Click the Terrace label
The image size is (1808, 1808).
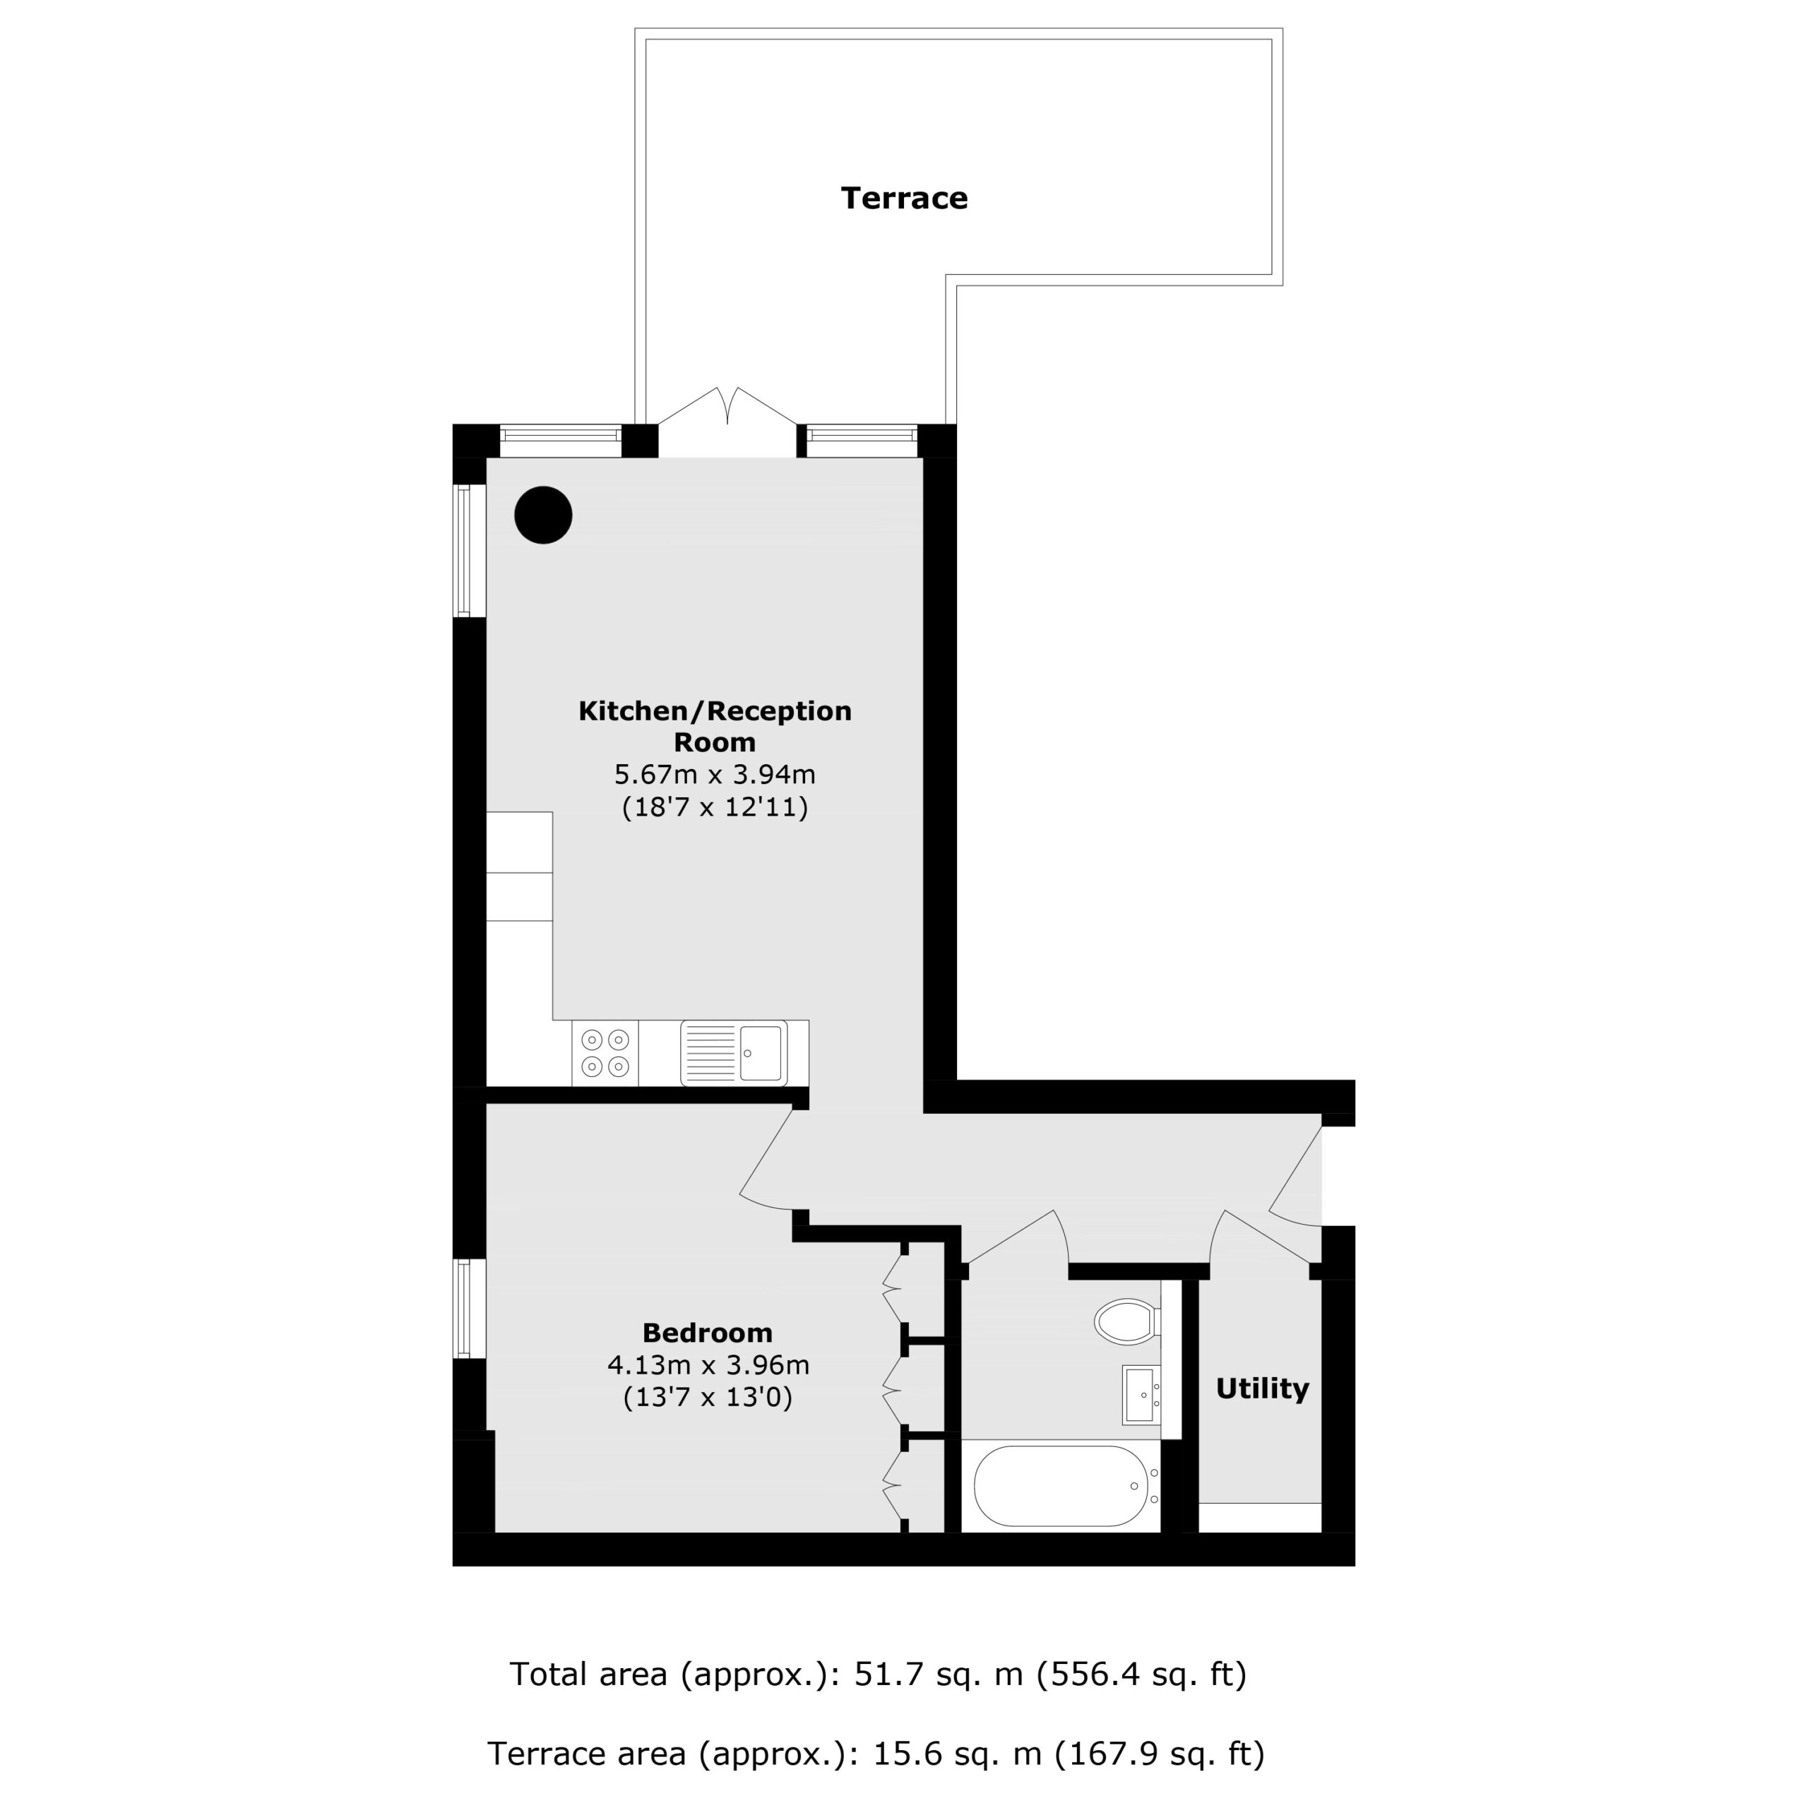coord(904,198)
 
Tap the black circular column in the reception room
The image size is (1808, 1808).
coord(544,515)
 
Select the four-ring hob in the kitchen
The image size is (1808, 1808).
coord(605,1053)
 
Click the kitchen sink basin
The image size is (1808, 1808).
coord(760,1053)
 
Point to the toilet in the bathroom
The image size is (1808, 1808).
coord(1128,1321)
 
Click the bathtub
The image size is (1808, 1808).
coord(1061,1486)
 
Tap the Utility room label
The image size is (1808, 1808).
coord(1261,1388)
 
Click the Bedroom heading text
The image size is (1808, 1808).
coord(708,1333)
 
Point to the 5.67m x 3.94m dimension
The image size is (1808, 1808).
coord(715,774)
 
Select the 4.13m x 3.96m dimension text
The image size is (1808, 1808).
coord(708,1365)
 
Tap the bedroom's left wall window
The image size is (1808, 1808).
coord(464,1307)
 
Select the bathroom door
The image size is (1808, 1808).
coord(1016,1237)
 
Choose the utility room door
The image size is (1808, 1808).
coord(1263,1237)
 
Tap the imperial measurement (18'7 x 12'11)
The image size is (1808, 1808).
coord(715,807)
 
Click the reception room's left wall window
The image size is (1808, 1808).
coord(464,550)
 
